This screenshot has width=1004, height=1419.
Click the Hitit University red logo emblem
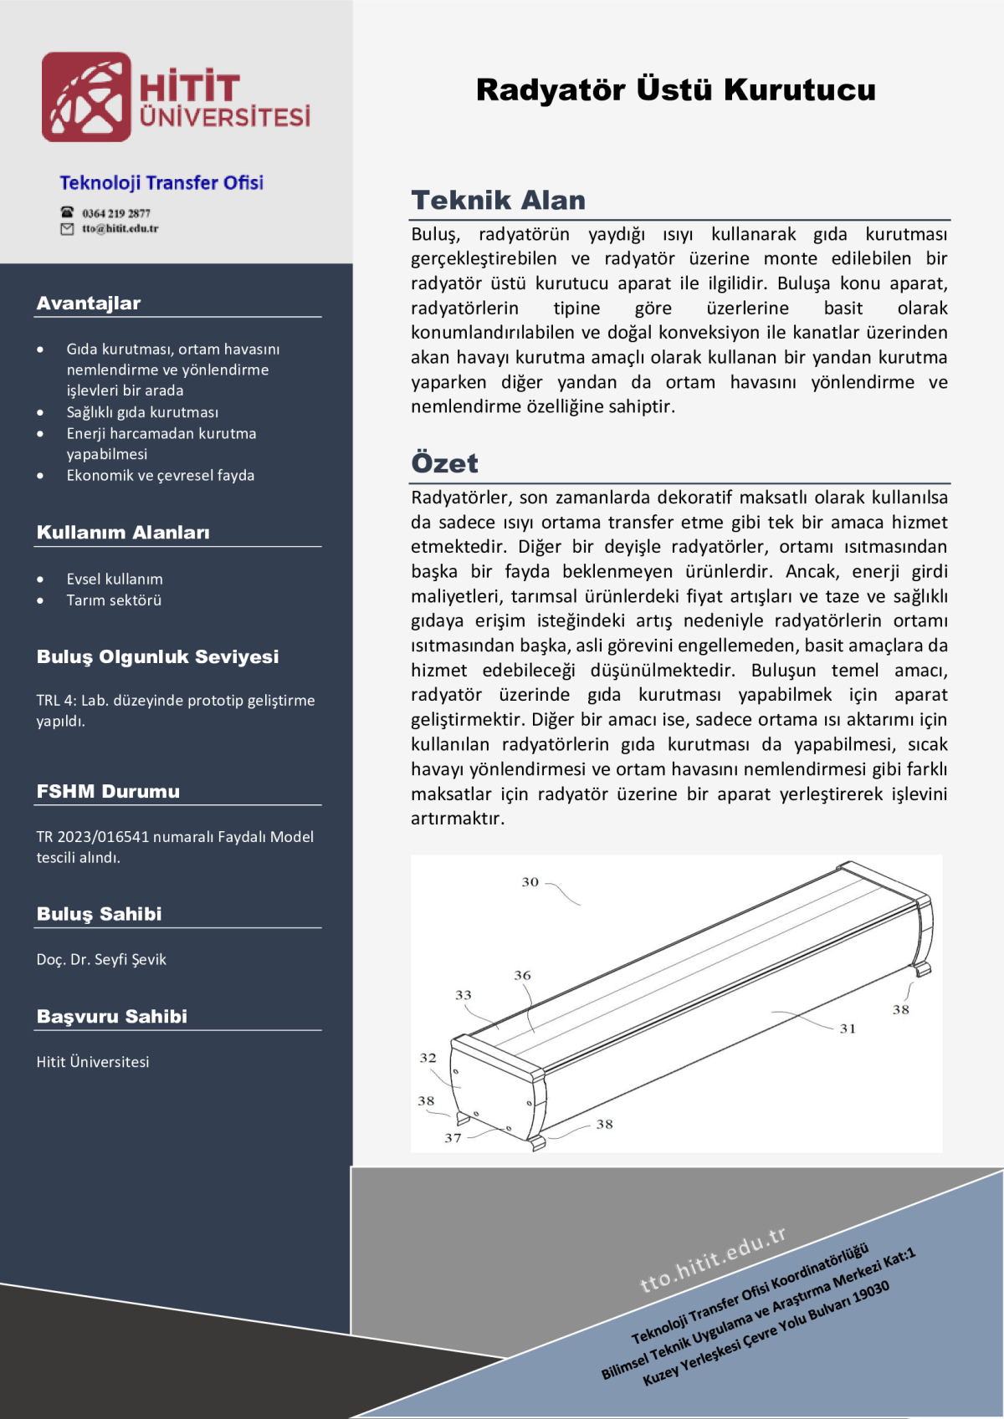[x=87, y=97]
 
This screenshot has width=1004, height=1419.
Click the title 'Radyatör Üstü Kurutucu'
[x=675, y=89]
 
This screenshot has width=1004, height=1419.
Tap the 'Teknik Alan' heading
[x=498, y=201]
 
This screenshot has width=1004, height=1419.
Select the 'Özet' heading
[x=444, y=463]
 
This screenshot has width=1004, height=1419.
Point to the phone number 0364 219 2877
[x=116, y=213]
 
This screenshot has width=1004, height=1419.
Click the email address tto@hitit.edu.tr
[x=120, y=228]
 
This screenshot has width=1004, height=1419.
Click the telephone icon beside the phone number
[x=67, y=212]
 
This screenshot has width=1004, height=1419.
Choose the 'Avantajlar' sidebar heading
[x=89, y=304]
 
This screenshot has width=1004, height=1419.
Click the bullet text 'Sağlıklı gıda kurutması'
[x=142, y=412]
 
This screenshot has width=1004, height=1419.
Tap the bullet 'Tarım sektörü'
[x=114, y=600]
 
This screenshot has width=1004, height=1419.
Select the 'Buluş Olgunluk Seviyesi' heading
[x=157, y=657]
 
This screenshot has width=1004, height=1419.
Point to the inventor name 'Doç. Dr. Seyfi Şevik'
[x=101, y=960]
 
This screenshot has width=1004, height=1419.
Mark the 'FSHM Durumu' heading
[x=108, y=792]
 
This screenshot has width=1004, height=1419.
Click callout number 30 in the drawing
[x=530, y=882]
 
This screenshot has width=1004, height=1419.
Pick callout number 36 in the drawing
[x=522, y=975]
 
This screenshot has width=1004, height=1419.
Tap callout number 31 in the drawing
[x=848, y=1029]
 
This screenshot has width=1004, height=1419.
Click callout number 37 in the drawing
[x=453, y=1138]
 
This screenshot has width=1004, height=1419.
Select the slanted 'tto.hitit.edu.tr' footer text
[x=713, y=1259]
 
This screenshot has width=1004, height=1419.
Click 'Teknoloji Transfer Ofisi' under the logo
[x=161, y=183]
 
